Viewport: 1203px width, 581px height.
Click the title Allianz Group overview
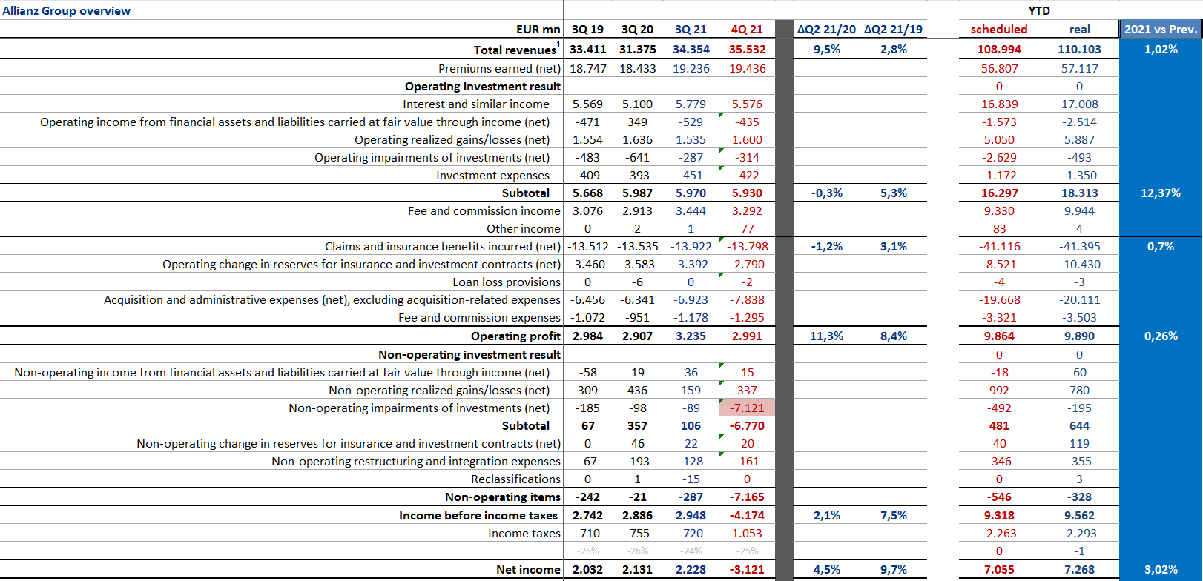67,10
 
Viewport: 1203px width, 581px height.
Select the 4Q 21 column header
747,30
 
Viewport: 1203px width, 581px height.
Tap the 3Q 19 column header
587,30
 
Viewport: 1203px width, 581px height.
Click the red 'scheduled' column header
999,30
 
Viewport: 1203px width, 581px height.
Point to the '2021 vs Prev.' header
1161,30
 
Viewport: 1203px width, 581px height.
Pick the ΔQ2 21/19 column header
894,30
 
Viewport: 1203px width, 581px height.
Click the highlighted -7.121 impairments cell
747,408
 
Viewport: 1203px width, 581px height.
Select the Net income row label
528,570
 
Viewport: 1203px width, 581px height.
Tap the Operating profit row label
515,336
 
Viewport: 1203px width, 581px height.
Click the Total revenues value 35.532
747,50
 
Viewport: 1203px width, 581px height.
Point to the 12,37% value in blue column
1161,193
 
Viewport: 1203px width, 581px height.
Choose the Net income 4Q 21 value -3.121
747,570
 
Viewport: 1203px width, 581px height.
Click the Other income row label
523,228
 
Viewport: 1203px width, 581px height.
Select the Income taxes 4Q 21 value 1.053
747,534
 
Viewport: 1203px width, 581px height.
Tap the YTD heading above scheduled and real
1039,10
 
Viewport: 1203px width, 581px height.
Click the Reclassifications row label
515,479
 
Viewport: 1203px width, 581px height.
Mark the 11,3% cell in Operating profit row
826,336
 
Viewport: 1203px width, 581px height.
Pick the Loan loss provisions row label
507,282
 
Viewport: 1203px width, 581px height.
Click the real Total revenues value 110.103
1079,50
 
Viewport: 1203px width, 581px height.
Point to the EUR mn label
538,30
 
